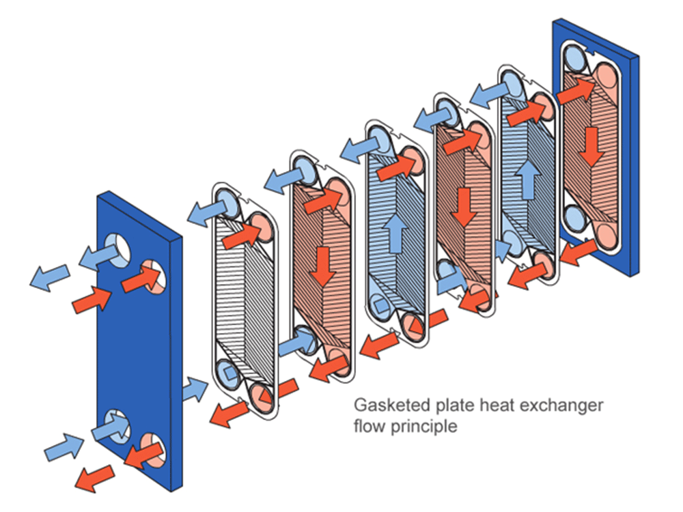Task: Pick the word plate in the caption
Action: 458,405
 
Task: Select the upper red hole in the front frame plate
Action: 152,274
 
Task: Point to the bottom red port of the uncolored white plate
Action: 262,394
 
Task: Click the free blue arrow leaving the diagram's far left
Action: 49,278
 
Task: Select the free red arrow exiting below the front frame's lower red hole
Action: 94,477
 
